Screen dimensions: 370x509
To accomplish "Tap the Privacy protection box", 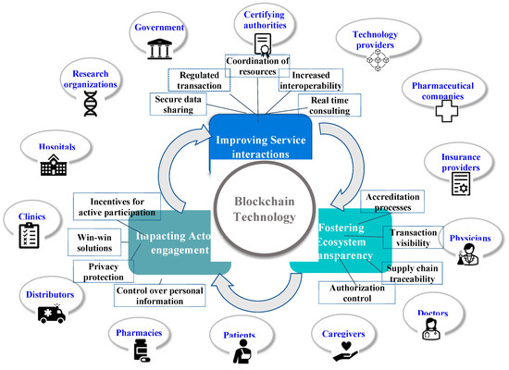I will click(x=102, y=269).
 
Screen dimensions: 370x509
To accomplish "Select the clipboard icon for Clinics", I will click(x=28, y=237).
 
